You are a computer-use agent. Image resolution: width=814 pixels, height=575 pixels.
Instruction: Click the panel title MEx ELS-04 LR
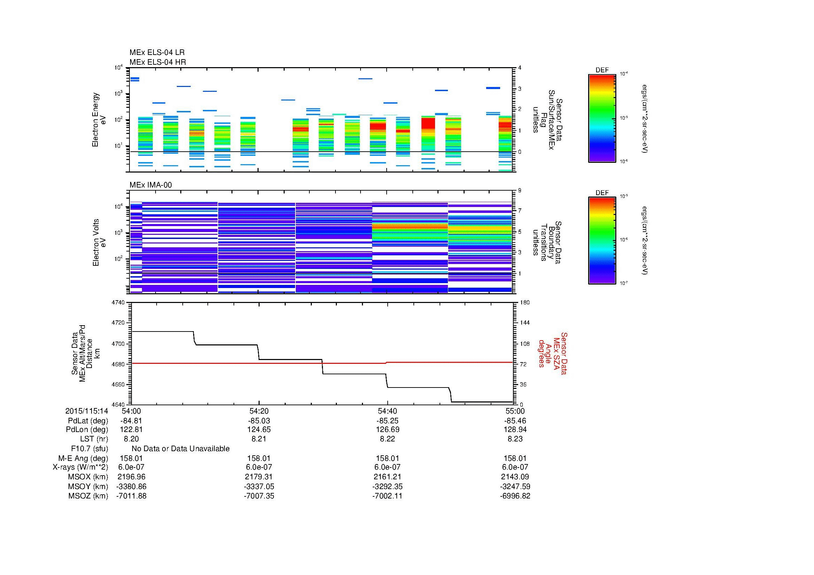coord(157,53)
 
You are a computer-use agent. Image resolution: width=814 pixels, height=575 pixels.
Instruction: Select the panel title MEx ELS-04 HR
coord(157,62)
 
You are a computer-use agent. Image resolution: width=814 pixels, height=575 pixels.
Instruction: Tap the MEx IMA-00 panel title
coord(150,185)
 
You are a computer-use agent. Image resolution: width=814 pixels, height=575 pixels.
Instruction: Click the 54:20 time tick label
coord(259,411)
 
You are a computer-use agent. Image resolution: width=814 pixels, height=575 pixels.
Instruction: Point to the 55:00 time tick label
coord(515,411)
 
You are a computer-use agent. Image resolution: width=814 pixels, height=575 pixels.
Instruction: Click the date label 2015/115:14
coord(87,411)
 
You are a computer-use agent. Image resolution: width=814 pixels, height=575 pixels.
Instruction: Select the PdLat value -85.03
coord(259,421)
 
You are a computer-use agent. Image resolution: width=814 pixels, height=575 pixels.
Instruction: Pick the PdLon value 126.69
coord(387,429)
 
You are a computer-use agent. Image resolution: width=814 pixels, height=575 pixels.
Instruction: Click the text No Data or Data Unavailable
coord(181,448)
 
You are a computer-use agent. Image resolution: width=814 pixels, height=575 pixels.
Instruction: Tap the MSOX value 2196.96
coord(131,477)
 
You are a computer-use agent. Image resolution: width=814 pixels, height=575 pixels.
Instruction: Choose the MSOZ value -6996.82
coord(515,496)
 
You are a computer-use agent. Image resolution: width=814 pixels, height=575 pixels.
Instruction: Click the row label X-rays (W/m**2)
coord(80,467)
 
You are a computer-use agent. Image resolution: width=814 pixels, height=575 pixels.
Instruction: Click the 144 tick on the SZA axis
coord(524,323)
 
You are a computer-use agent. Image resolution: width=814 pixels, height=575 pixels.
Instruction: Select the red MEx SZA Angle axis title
coord(552,353)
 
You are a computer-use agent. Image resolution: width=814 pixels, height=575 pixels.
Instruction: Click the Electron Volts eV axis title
coord(100,242)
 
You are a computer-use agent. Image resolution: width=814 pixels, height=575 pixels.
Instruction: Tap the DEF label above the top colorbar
coord(602,70)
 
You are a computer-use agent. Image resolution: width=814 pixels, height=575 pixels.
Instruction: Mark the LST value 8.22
coord(387,439)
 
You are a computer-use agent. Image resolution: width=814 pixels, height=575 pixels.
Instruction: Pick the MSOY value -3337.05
coord(259,486)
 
